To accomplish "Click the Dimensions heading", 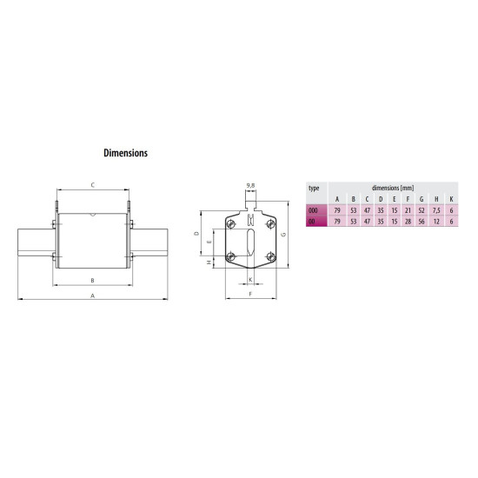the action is pos(126,153).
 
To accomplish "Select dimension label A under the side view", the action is pos(93,295).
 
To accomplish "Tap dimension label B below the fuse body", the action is pos(93,281).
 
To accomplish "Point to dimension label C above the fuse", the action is pos(93,185).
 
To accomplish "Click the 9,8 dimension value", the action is pos(250,185).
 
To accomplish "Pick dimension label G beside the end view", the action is pos(283,235).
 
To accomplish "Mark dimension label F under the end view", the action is pos(250,294).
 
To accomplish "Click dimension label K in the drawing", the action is pos(250,280).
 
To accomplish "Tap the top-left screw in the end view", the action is pos(231,224).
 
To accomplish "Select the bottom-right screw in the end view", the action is pos(270,256).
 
